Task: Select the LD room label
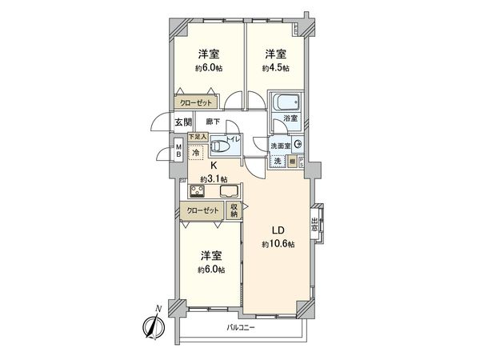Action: click(278, 228)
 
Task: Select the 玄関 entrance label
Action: click(182, 122)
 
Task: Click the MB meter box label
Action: click(178, 151)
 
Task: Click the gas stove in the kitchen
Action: click(198, 192)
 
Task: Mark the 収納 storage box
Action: click(234, 210)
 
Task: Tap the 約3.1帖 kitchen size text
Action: click(212, 179)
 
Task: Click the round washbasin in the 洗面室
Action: click(298, 145)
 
